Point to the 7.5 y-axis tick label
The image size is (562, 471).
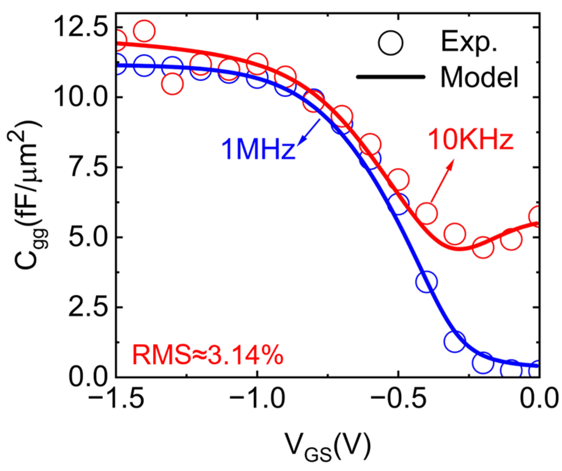(x=87, y=167)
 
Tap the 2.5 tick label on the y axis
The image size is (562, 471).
(x=87, y=307)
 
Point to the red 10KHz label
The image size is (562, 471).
(x=471, y=140)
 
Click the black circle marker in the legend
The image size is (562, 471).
(x=391, y=43)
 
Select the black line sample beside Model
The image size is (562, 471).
(x=390, y=77)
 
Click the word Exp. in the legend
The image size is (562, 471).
(x=469, y=41)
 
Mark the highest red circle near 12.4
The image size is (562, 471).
(x=144, y=31)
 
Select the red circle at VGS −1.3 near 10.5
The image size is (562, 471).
(x=172, y=84)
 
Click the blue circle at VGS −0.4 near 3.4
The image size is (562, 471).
(x=426, y=282)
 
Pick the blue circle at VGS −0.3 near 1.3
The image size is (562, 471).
(x=454, y=342)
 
